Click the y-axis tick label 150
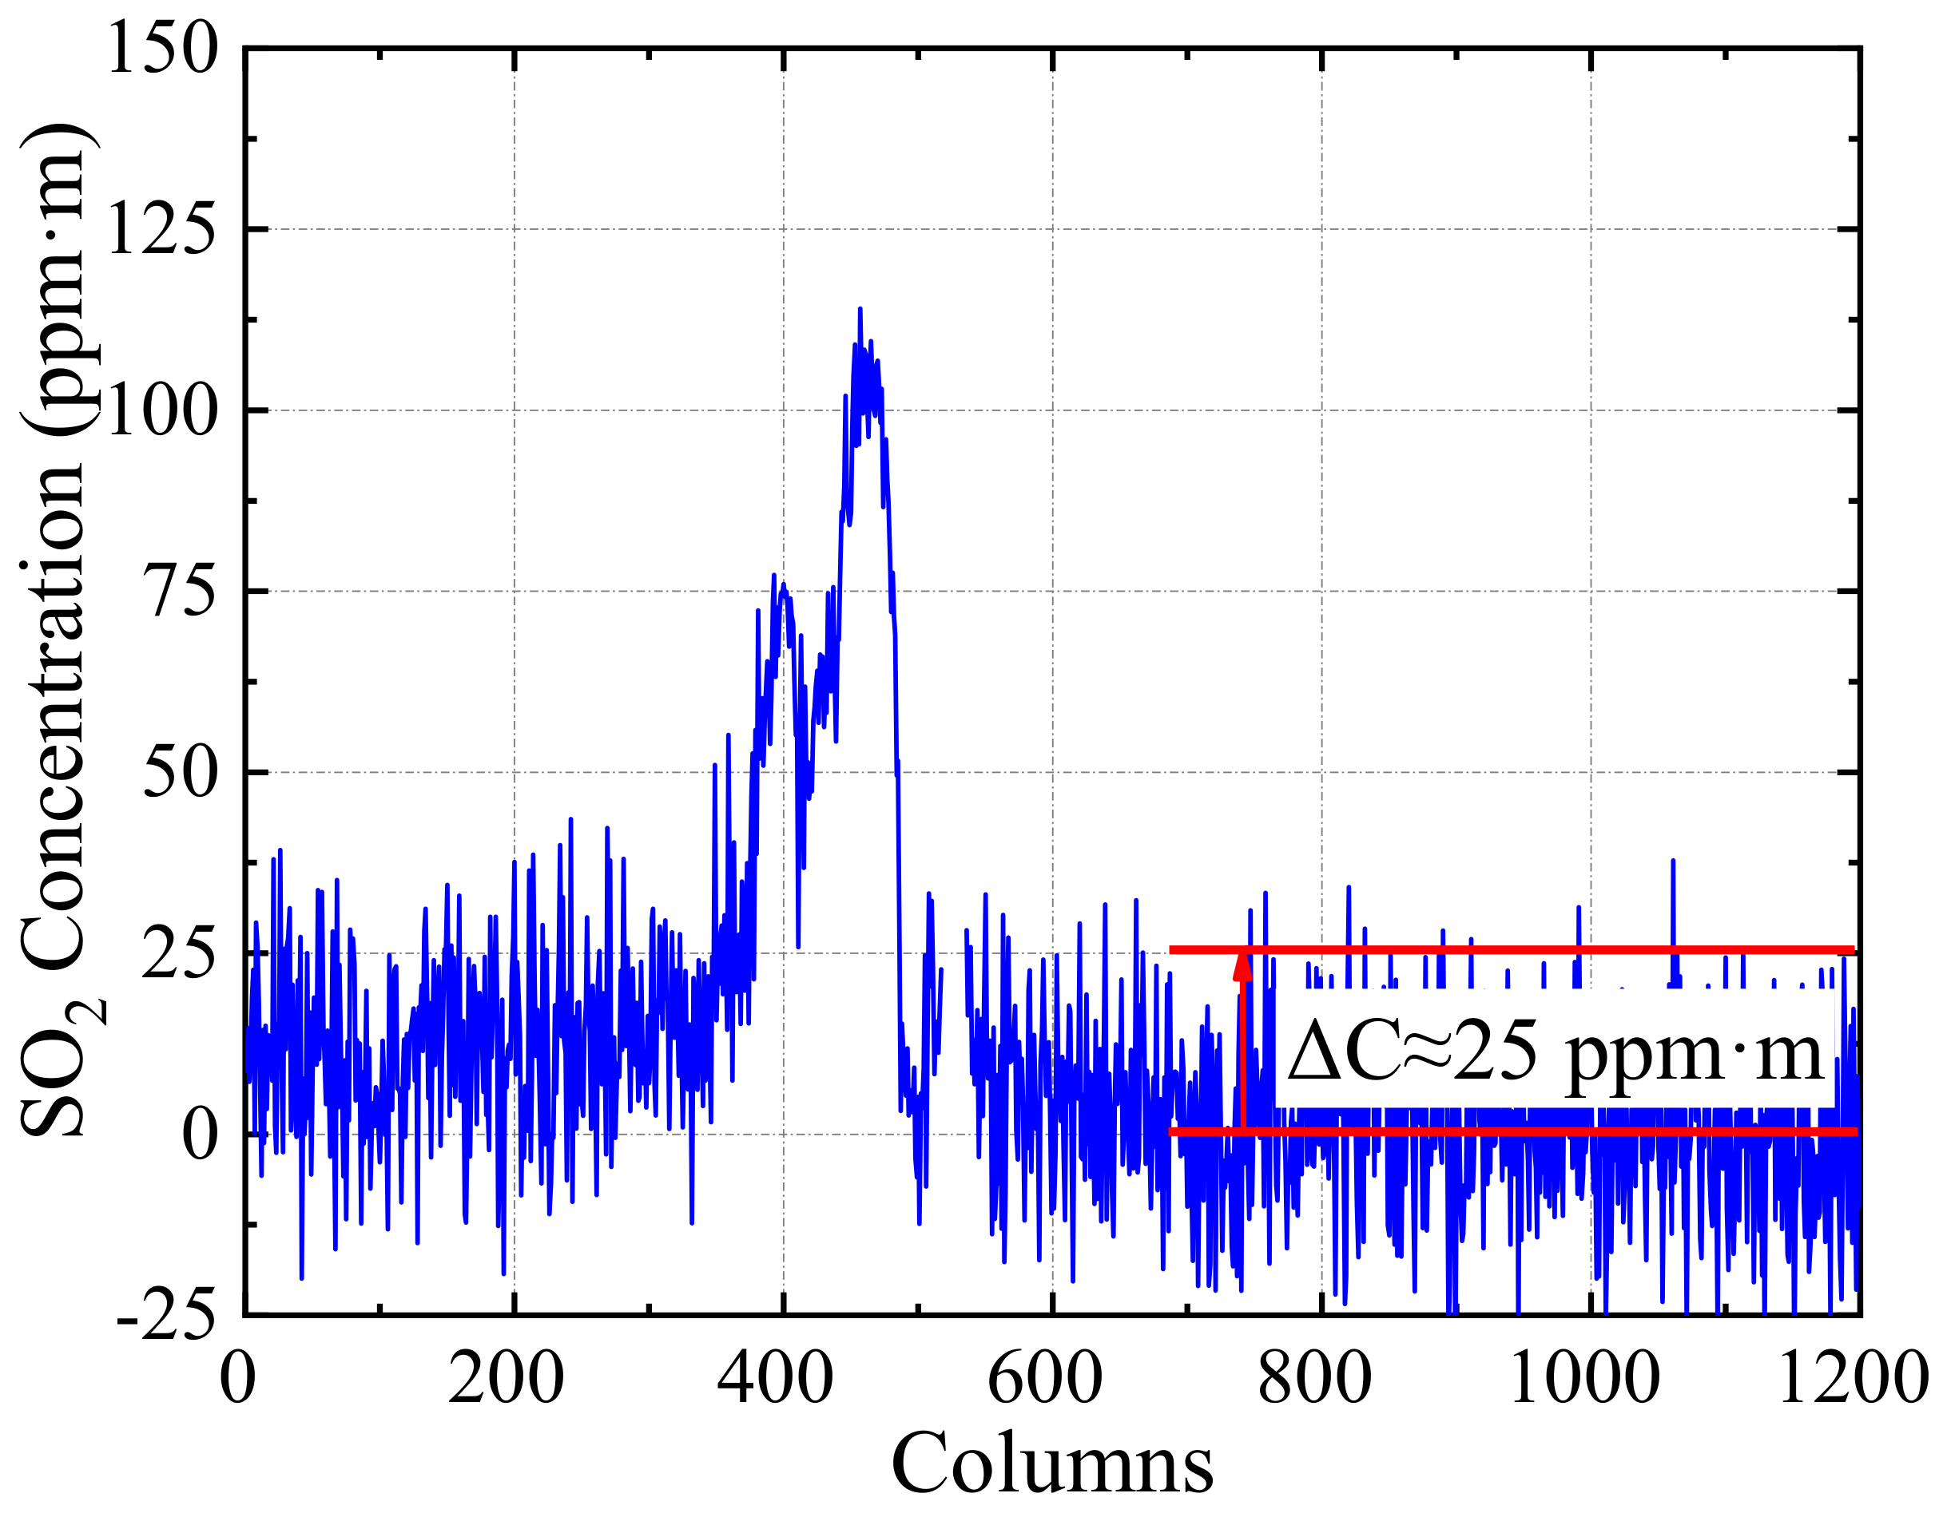(x=161, y=49)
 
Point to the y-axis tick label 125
(x=161, y=230)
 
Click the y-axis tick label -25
(x=167, y=1315)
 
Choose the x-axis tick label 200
(x=506, y=1377)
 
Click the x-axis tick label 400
(x=775, y=1377)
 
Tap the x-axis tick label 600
(x=1045, y=1377)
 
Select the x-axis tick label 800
(x=1314, y=1377)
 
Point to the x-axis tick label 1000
(x=1583, y=1377)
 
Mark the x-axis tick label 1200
(x=1853, y=1377)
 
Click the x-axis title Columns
(x=1052, y=1464)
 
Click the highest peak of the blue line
(x=860, y=309)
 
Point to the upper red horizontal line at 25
(x=1516, y=950)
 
